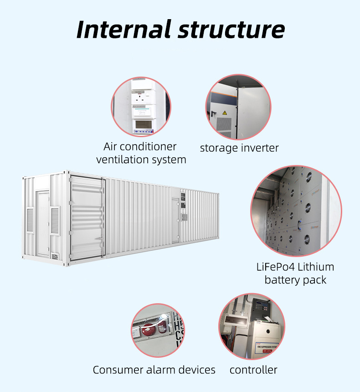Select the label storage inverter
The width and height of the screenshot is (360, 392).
click(x=239, y=148)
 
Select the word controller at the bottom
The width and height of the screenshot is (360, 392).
click(x=253, y=370)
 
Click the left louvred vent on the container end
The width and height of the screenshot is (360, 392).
click(x=31, y=220)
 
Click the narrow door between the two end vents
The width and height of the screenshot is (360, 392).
click(x=43, y=223)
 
